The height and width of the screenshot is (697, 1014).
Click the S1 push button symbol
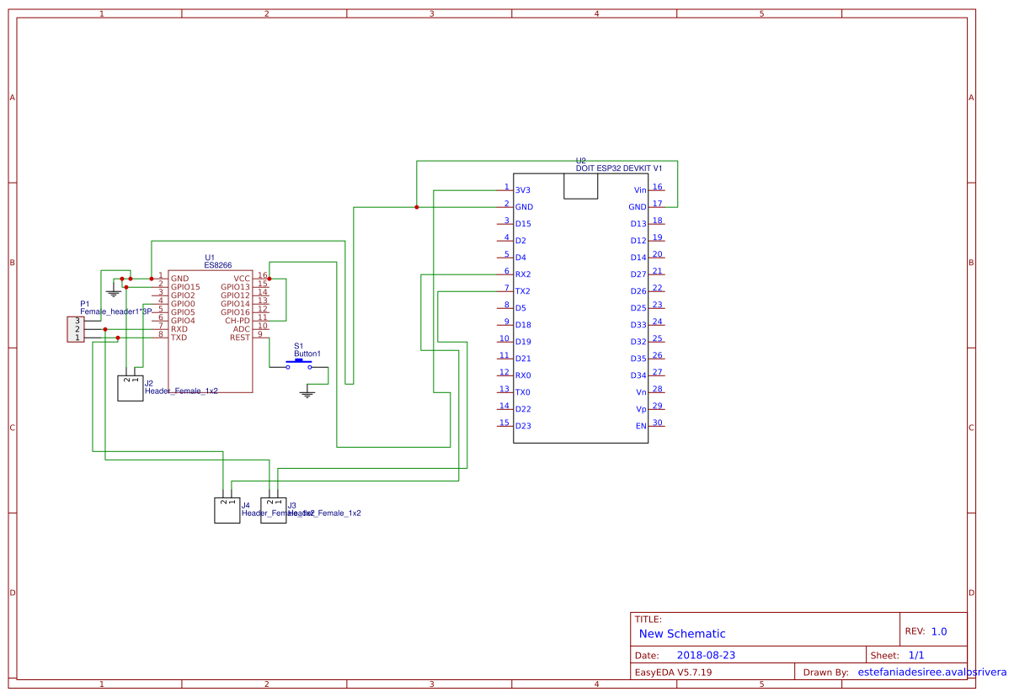coord(299,364)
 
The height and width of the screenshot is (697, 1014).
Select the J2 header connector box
coord(131,388)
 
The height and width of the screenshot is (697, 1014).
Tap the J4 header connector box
coord(227,510)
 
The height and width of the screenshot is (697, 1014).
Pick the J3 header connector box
coord(274,510)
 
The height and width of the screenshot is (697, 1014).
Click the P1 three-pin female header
coord(76,329)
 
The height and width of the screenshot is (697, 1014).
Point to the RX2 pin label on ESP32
coord(523,274)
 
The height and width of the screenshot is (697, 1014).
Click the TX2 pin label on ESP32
coord(523,291)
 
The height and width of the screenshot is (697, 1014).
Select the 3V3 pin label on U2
coord(523,190)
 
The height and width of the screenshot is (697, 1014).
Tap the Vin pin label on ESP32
coord(640,190)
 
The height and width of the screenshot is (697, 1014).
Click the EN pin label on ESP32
coord(641,426)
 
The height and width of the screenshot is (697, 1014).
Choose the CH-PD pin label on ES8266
coord(237,321)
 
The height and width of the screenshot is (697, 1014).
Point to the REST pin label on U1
coord(240,338)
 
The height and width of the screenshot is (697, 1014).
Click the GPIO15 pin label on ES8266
coord(185,287)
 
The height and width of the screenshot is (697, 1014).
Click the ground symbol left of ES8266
coord(114,294)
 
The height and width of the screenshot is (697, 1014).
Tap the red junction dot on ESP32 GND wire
coord(417,207)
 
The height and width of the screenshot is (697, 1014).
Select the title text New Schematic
coord(682,634)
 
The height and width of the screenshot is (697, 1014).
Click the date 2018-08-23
coord(706,655)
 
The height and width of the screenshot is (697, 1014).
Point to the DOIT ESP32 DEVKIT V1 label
coord(619,168)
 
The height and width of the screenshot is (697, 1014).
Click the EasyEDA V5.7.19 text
coord(674,673)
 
